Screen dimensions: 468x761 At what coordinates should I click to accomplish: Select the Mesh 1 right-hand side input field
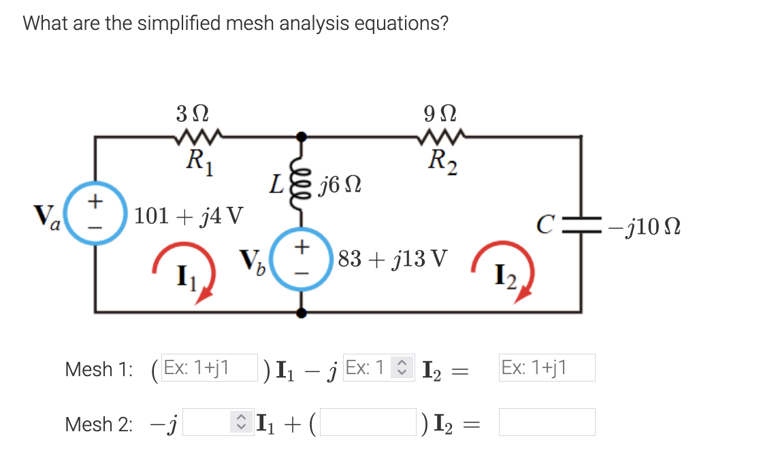(x=547, y=368)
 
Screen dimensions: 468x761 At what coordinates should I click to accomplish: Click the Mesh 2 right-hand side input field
(x=547, y=422)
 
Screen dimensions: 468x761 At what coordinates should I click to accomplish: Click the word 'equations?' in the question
(x=401, y=23)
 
